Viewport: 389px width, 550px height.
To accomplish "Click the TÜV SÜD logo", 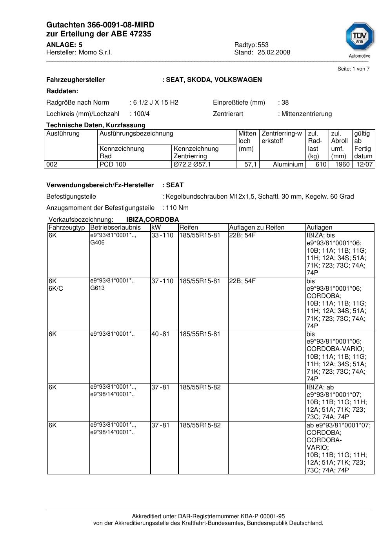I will coord(360,38).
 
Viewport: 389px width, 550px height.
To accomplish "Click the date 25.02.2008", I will coord(274,52).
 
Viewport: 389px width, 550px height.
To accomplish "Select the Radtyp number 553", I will coord(263,45).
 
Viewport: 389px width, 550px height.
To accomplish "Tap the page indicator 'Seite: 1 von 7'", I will coord(353,69).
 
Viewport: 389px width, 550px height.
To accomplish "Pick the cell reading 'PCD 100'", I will coord(113,165).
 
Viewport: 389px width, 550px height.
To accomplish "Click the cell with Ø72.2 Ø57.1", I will coord(192,165).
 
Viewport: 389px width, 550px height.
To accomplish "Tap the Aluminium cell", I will coord(288,165).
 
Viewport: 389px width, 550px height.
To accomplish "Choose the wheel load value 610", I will coord(321,165).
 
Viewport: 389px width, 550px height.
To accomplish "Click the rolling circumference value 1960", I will coord(342,165).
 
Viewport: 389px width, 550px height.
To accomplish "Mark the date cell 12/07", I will coord(364,165).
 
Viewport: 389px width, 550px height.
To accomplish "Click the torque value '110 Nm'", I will coord(177,208).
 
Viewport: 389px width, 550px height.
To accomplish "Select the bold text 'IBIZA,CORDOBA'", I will coord(153,220).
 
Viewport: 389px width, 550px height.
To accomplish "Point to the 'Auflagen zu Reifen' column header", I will coord(257,228).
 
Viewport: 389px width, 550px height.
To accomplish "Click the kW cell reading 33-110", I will coord(162,235).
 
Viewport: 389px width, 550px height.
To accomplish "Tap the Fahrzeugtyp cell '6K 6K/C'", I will coord(56,285).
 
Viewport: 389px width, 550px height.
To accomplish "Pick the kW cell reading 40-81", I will coord(160,334).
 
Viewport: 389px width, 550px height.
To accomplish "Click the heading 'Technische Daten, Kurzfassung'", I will coord(96,125).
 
